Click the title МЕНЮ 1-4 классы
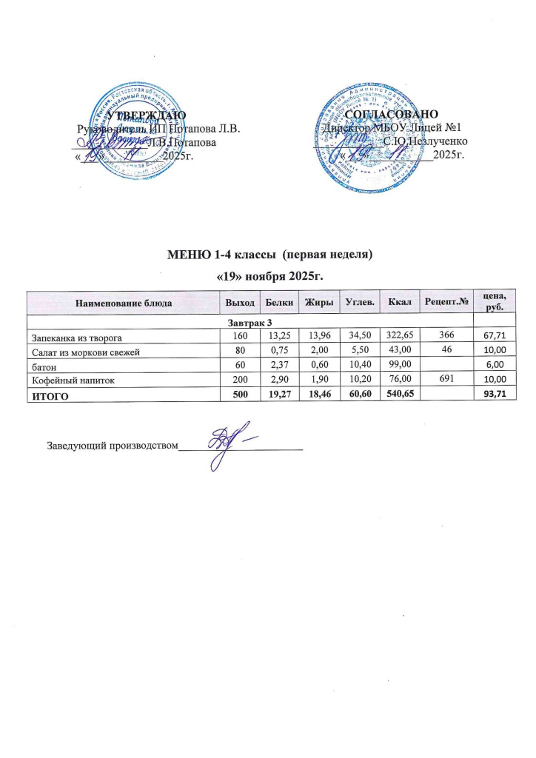click(x=229, y=255)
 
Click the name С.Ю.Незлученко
click(x=425, y=141)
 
